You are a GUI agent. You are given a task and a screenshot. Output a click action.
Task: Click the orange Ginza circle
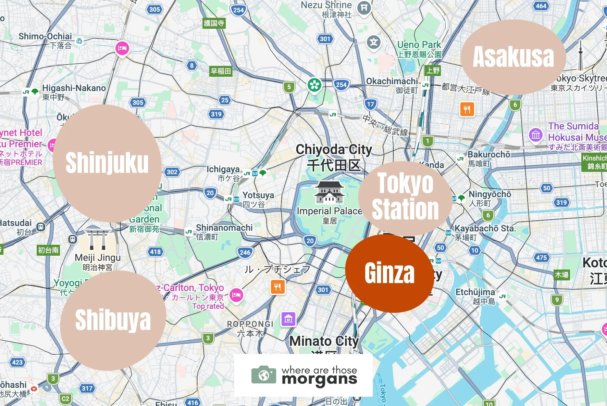click(389, 273)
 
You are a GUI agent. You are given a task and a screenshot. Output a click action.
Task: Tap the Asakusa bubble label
click(513, 57)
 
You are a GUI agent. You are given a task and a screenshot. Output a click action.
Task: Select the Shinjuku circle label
click(107, 163)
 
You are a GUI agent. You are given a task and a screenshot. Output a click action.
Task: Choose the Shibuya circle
click(113, 320)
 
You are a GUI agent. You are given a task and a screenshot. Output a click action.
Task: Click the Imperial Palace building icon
click(329, 192)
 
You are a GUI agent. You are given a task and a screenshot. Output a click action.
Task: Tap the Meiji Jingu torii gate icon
click(97, 240)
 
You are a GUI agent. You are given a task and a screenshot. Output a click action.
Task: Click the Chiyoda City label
click(334, 150)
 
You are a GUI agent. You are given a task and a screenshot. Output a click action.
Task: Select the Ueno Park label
click(419, 45)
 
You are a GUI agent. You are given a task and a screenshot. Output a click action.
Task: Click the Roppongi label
click(250, 324)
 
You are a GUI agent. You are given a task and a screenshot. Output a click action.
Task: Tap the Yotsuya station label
click(258, 195)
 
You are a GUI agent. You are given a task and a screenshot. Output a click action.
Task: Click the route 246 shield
click(245, 253)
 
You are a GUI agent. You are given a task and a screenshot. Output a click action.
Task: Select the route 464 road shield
click(541, 6)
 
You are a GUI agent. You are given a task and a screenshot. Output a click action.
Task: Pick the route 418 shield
click(155, 252)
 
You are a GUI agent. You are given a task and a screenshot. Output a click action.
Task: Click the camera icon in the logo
click(263, 375)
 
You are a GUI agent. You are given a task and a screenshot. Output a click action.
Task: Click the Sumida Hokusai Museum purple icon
click(535, 135)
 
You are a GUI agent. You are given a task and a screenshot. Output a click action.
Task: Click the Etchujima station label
click(475, 292)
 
